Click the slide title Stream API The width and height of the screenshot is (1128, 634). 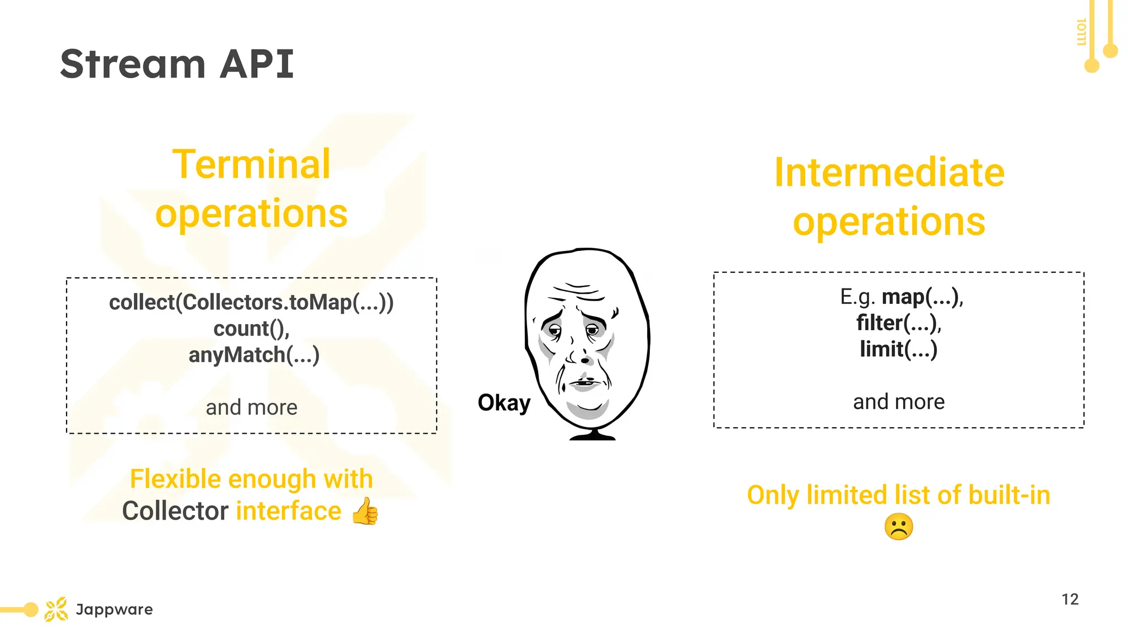pos(177,64)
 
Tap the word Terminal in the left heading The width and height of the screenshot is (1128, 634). pos(251,164)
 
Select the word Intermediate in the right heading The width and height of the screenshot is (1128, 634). pos(889,173)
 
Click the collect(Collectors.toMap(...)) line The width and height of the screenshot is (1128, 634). pos(251,302)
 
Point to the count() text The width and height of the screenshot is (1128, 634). pos(251,329)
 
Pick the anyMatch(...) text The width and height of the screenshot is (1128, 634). pos(254,355)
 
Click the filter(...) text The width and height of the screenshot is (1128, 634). pos(898,323)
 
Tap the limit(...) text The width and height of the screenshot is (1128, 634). pos(898,349)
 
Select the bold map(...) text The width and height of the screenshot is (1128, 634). pos(921,297)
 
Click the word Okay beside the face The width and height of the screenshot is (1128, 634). pos(504,403)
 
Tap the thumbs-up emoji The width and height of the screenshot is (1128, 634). pos(365,511)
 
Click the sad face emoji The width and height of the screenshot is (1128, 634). pos(898,527)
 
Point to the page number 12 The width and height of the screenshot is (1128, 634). pos(1070,599)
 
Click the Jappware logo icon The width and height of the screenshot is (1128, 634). pos(56,609)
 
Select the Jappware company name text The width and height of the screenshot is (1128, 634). pos(115,609)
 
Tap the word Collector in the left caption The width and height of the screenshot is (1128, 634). pos(175,511)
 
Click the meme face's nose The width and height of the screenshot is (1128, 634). pos(584,359)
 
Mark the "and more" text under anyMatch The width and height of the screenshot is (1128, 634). pos(251,408)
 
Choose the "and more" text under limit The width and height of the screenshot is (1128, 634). pos(898,402)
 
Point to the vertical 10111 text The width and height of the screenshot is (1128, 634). pos(1081,32)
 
